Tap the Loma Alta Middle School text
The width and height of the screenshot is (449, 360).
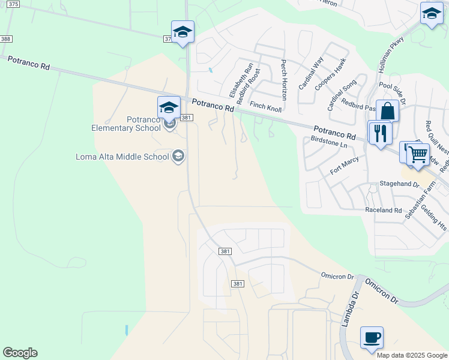click(122, 157)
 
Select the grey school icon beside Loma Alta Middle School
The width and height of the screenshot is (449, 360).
click(178, 157)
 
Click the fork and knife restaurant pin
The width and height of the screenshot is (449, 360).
click(379, 132)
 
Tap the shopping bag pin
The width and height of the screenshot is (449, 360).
click(388, 111)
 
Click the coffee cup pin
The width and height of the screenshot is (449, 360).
click(372, 337)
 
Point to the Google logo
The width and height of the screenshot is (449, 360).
click(20, 353)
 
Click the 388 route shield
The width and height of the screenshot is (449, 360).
click(6, 39)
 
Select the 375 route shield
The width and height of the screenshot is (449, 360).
click(14, 4)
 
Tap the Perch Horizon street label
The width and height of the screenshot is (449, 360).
click(284, 80)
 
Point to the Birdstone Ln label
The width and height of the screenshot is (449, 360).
click(330, 142)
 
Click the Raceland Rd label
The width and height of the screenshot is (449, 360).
click(383, 211)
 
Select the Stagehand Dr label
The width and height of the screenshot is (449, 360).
click(399, 184)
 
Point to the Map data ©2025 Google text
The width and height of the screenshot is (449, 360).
click(412, 355)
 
